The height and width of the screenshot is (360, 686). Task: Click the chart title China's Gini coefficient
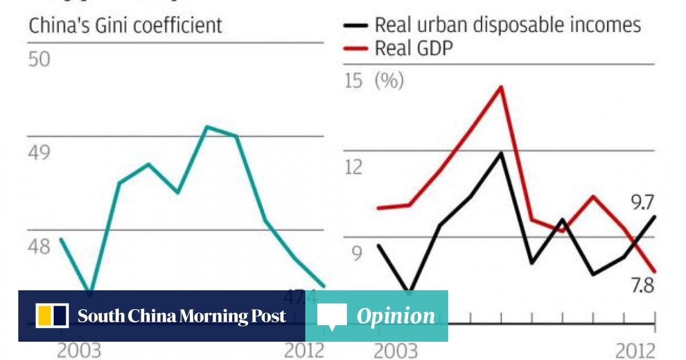[125, 26]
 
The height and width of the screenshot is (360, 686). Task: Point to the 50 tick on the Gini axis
[39, 60]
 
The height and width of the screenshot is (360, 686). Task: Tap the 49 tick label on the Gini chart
[39, 153]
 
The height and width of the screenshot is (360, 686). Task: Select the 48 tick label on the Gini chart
[39, 247]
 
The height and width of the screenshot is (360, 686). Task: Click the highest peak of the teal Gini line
[208, 126]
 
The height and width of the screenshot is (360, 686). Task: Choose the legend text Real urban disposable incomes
[508, 25]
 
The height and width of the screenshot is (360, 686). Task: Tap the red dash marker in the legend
[354, 49]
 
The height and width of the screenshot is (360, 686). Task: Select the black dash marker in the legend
[354, 26]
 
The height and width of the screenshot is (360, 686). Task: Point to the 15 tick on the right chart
[354, 81]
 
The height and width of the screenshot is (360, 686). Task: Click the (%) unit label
[389, 81]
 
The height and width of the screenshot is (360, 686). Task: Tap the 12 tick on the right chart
[354, 167]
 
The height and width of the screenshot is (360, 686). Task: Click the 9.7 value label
[640, 202]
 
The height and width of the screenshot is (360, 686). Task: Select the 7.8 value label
[640, 286]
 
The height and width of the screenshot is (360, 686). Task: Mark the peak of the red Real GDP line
[501, 87]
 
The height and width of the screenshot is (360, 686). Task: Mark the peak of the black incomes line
[501, 153]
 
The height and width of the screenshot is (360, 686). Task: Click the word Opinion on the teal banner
[396, 316]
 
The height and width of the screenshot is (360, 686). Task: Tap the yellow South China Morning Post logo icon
[52, 316]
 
